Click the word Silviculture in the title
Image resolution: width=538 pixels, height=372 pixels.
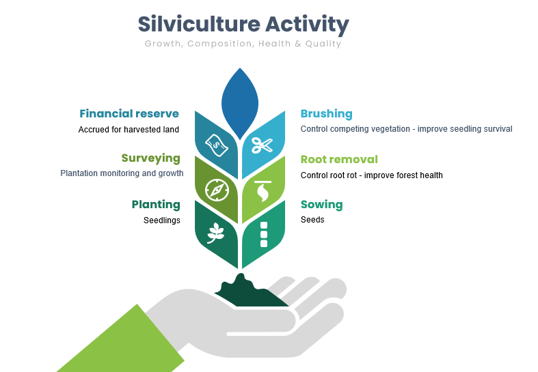coord(199,24)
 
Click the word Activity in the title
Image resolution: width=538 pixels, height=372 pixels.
coord(307,25)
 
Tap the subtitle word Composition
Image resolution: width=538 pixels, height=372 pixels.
coord(220,44)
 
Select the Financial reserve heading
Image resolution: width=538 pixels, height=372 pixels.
coord(129,113)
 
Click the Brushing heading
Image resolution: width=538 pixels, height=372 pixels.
coord(326,114)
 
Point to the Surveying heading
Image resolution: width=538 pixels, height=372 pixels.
coord(150,158)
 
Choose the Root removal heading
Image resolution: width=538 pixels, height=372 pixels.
coord(339,159)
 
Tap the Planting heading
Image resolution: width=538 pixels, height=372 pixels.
coord(156,205)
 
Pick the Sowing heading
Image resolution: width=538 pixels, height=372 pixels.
coord(321,205)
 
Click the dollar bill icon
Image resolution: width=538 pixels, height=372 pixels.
coord(217,145)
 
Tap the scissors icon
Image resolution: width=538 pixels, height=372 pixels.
coord(262,145)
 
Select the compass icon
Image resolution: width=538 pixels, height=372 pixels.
coord(217,190)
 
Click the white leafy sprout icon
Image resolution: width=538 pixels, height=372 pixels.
coord(215,233)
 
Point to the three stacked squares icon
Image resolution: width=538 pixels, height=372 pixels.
coord(264,234)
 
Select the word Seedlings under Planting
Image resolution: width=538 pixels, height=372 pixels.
coord(161,220)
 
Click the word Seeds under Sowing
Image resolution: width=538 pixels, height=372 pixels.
coord(312,220)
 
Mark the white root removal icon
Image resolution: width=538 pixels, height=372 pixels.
coord(263,192)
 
